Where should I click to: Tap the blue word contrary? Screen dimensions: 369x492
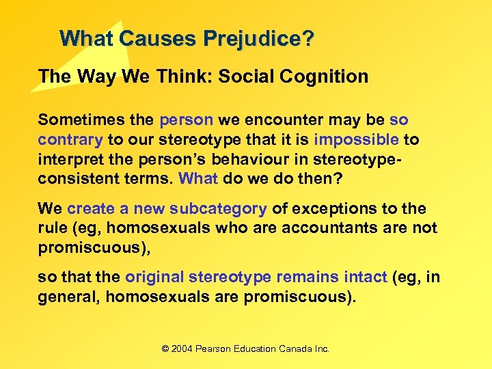[70, 140]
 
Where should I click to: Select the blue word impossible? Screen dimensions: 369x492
[356, 140]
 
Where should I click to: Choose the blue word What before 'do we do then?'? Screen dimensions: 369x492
[197, 179]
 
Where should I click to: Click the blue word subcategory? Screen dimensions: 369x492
[217, 208]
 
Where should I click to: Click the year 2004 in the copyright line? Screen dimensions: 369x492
[182, 348]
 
